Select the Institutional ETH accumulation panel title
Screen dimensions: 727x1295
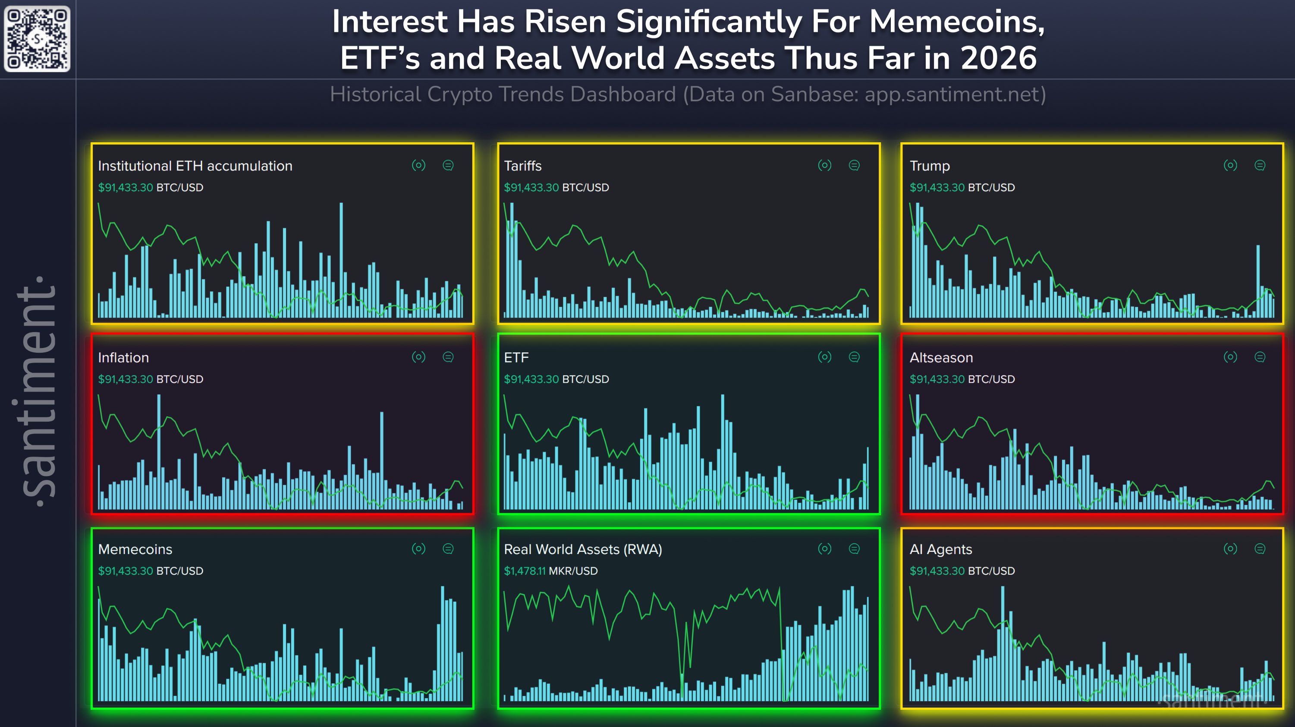point(195,166)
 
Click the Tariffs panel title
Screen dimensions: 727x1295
point(522,166)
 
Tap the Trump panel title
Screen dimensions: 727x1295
point(930,166)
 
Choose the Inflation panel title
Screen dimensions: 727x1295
point(123,358)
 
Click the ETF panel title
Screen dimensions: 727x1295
point(516,358)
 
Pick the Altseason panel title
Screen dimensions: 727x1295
point(941,358)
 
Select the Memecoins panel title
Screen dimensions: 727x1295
point(135,549)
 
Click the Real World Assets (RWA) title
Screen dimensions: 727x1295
point(583,549)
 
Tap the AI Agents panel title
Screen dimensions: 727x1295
point(940,549)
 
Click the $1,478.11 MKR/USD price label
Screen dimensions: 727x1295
point(550,571)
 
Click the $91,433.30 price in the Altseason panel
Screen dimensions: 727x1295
point(937,379)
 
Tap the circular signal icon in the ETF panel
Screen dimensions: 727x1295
point(824,357)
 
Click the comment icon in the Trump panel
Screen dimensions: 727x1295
point(1260,165)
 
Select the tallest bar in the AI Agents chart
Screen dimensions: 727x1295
point(1003,643)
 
